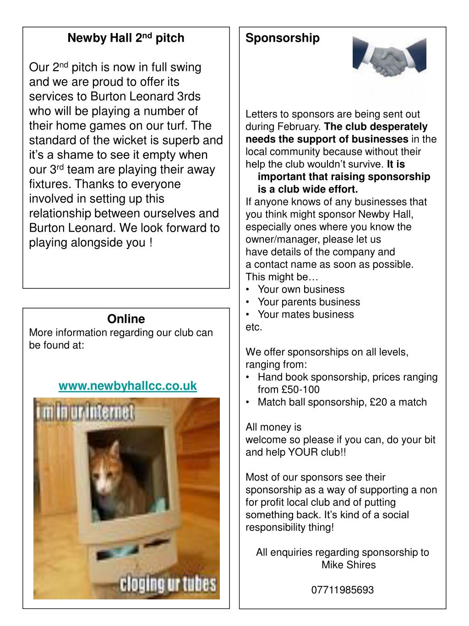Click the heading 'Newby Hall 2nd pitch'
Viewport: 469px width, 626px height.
click(126, 38)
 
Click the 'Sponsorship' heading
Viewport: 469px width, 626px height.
click(283, 38)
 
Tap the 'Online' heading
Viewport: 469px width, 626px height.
click(126, 319)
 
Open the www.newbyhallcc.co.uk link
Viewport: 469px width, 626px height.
click(128, 386)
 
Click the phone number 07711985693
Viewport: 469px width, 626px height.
click(343, 590)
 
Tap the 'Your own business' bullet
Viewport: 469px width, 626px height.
click(301, 289)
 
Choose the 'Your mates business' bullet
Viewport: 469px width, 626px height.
click(305, 314)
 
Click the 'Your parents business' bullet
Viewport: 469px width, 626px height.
click(309, 302)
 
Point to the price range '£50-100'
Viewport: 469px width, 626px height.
click(300, 390)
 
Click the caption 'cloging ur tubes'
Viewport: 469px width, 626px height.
click(167, 584)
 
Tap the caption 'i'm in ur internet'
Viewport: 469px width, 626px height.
click(85, 412)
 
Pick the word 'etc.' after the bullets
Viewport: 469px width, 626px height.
click(254, 327)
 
